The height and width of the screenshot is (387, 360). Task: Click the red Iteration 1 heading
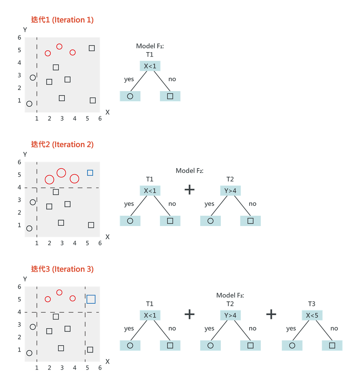pos(62,20)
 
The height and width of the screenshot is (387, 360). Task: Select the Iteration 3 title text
pos(62,269)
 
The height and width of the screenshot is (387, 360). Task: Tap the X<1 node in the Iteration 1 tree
pos(150,66)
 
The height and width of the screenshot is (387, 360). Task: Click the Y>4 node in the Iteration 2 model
pos(230,191)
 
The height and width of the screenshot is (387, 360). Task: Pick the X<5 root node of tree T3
pos(312,315)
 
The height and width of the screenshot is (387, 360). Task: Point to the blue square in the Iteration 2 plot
pos(90,173)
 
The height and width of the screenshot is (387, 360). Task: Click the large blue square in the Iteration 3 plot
pos(91,299)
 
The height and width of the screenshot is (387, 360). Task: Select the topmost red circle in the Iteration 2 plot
pos(61,173)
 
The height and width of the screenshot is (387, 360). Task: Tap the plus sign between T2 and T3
pos(271,314)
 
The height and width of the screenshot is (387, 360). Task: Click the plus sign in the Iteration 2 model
pos(189,190)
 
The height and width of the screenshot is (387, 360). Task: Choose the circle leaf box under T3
pos(292,345)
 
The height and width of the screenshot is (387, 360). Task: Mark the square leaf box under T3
pos(332,345)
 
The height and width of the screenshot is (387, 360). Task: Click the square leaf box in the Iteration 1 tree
pos(170,96)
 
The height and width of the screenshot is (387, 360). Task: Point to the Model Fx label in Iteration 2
pos(190,171)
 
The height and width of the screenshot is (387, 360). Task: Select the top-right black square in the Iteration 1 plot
pos(92,48)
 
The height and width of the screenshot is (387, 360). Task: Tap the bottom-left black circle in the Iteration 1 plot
pos(29,104)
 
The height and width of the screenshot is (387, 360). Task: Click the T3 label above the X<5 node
pos(312,304)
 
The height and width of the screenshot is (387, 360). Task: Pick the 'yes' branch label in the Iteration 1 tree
pos(129,79)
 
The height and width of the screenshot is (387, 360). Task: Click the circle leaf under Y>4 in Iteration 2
pos(210,221)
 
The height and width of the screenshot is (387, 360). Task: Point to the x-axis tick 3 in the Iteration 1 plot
pos(62,119)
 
